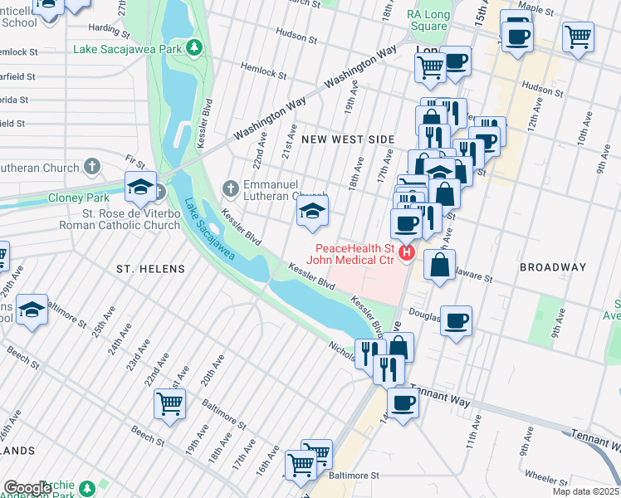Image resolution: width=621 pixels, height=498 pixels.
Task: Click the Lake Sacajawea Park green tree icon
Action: (194, 46)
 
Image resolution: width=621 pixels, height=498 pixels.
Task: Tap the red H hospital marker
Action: (407, 252)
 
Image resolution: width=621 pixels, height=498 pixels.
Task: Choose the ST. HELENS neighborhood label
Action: (149, 269)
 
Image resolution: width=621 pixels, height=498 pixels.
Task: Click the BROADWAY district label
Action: (553, 267)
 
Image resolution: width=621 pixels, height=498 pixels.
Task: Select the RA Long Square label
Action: (428, 20)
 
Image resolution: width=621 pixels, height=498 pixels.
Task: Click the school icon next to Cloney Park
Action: (141, 188)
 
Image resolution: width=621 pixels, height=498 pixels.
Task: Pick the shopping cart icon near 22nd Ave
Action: (170, 403)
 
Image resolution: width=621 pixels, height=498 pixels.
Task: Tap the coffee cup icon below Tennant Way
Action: (403, 403)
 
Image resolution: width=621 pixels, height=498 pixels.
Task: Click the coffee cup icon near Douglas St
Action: (456, 320)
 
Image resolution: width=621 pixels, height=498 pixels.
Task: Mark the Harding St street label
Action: (105, 27)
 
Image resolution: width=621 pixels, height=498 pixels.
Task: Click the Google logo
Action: (27, 488)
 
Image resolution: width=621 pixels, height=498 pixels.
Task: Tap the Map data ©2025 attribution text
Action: (584, 491)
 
